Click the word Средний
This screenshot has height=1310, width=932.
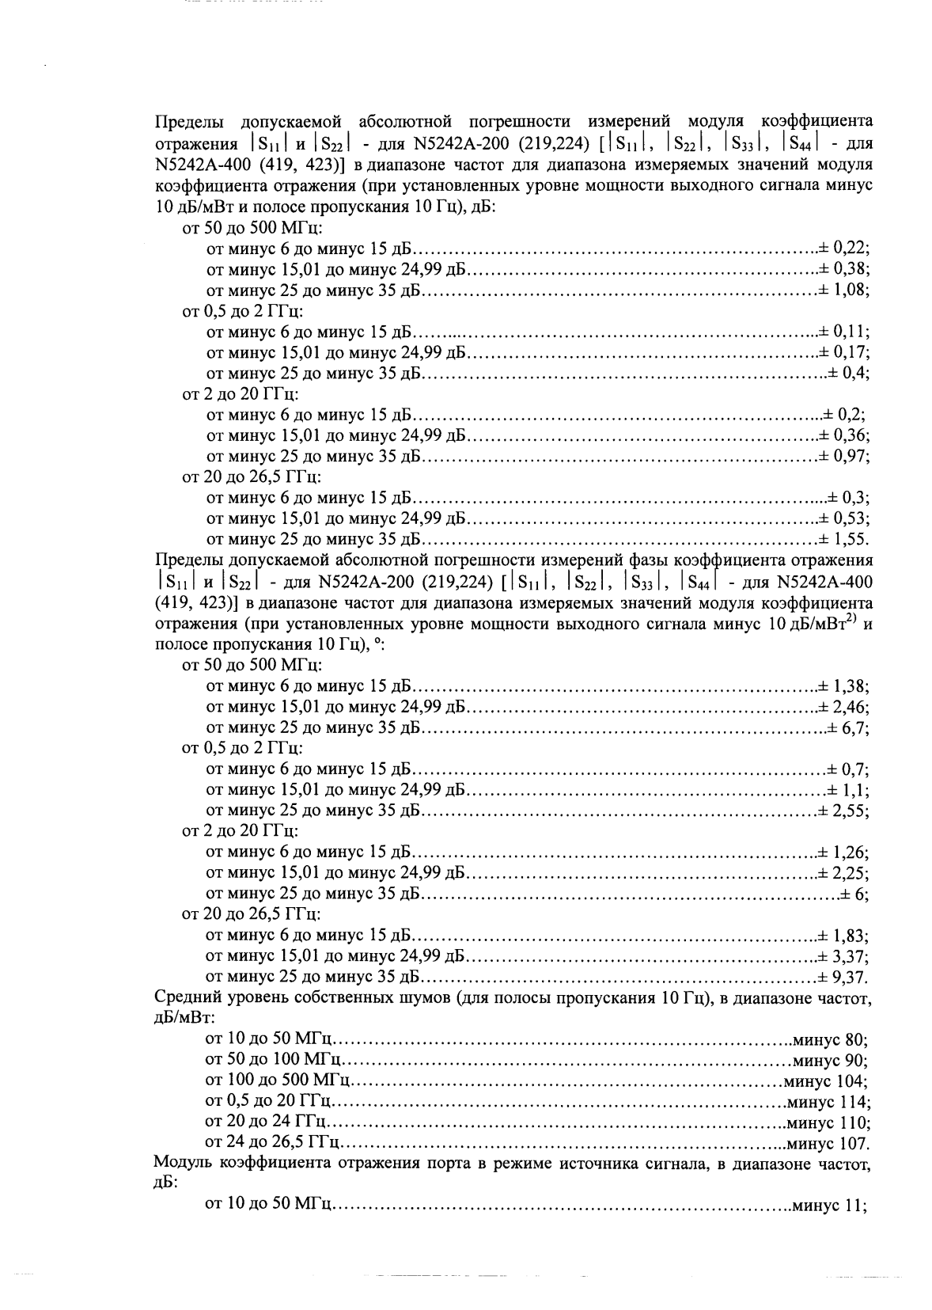click(184, 997)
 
